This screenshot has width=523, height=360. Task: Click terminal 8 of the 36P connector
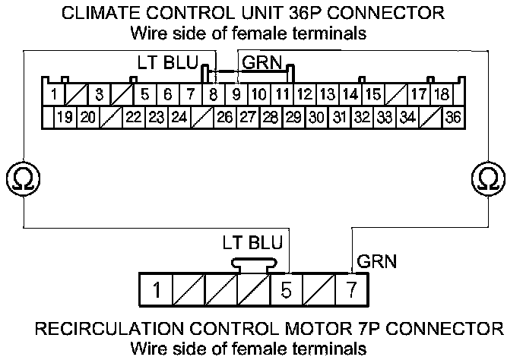click(214, 95)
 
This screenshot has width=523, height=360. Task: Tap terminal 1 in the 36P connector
click(55, 95)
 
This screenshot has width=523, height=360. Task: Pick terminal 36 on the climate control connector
click(454, 117)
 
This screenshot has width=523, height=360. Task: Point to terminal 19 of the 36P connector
click(65, 117)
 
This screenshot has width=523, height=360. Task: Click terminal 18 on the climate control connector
click(441, 95)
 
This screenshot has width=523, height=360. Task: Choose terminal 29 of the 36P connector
click(293, 117)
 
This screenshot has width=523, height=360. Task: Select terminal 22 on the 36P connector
click(134, 117)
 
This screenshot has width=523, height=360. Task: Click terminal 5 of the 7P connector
click(286, 290)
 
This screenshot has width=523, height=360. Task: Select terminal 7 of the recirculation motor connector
click(351, 290)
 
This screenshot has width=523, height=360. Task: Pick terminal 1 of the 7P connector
click(155, 290)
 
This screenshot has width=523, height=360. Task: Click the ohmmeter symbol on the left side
click(17, 179)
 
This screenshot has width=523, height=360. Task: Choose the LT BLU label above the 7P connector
click(252, 244)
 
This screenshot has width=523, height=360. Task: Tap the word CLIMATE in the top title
click(99, 14)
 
